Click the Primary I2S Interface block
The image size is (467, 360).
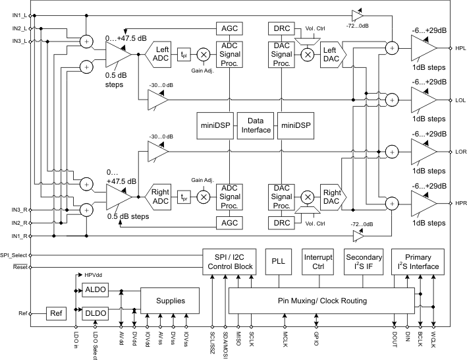point(418,262)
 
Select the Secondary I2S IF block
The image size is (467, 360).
point(364,262)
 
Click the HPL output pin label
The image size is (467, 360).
point(459,49)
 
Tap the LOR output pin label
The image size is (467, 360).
point(460,151)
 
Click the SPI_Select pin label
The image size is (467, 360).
point(13,255)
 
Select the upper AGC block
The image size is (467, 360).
point(230,28)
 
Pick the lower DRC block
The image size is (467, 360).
point(281,223)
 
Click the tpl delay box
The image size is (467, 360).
point(185,55)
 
